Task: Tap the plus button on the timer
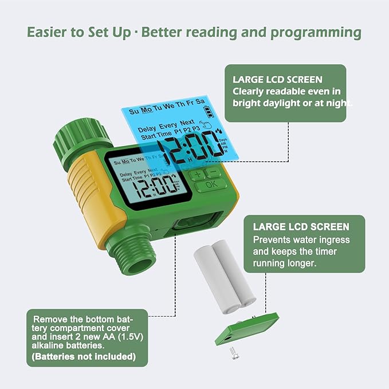pyautogui.click(x=198, y=174)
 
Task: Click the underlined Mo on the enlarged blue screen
pyautogui.click(x=147, y=110)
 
